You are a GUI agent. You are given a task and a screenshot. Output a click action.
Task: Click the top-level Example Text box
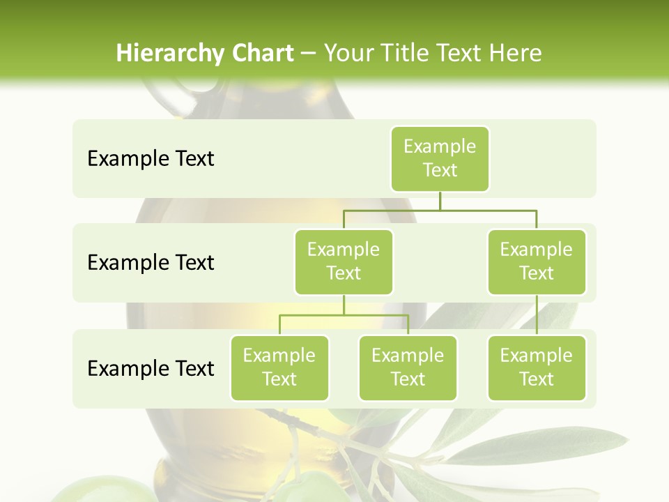440,158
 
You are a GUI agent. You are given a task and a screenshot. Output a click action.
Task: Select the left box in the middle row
344,261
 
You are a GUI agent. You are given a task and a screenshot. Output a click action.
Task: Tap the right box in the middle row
537,261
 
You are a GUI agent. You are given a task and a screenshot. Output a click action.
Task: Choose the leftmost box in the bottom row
279,367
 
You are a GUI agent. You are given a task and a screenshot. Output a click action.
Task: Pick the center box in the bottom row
408,367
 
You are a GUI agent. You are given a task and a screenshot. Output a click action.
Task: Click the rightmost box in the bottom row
537,367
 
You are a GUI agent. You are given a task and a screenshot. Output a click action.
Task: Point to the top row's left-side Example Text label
151,159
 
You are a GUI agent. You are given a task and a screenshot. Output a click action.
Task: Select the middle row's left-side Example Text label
151,263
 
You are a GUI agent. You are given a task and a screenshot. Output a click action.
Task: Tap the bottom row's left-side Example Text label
151,368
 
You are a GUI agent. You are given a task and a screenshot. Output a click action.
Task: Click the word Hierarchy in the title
169,54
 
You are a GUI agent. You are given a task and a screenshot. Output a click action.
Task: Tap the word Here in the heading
515,53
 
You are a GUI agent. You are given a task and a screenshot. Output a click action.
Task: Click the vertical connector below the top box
440,201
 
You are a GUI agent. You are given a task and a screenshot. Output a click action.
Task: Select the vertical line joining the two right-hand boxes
537,315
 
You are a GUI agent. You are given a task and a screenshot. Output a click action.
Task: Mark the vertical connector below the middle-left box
344,305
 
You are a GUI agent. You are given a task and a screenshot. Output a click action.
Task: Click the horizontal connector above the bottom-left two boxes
344,315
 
